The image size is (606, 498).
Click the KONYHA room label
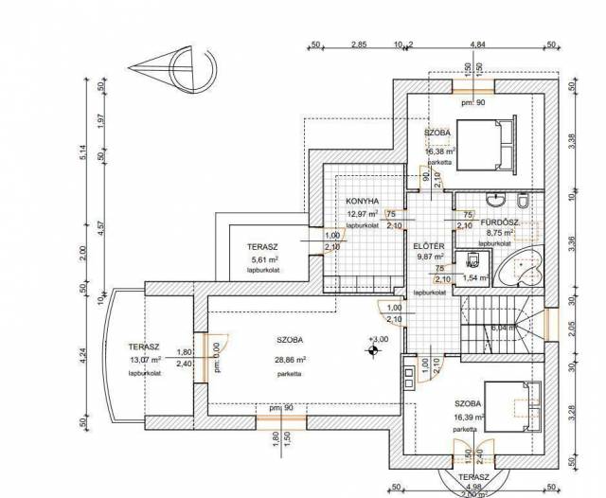pyautogui.click(x=363, y=201)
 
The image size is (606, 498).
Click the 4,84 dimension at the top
pyautogui.click(x=478, y=44)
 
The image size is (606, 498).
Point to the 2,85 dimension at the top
pyautogui.click(x=358, y=44)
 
